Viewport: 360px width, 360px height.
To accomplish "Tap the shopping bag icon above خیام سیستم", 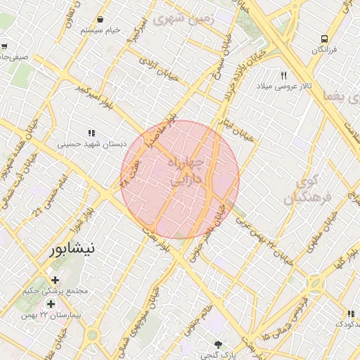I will pos(103,20).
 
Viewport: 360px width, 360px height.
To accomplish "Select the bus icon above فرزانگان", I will pos(324,39).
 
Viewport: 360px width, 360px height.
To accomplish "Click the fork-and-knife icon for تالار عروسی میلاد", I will pos(284,75).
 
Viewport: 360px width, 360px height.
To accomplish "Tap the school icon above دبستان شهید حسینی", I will pos(91,133).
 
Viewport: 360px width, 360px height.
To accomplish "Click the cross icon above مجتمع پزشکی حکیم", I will pos(55,280).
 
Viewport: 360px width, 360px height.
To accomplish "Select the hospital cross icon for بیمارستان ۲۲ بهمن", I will pos(50,304).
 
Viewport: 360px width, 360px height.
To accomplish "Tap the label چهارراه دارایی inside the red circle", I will pos(186,171).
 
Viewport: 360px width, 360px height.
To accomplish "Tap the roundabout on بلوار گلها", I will pos(314,284).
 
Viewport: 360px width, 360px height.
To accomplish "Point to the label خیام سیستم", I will pos(101,31).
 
